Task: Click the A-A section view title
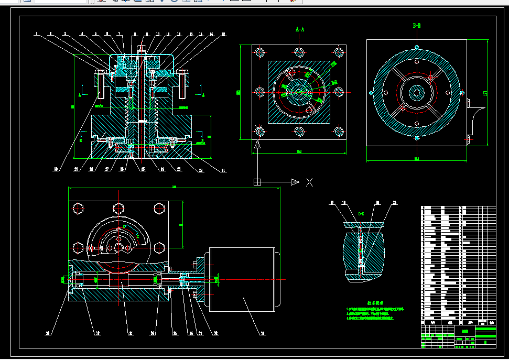tap(300, 30)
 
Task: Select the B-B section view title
tap(417, 26)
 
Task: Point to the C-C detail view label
tap(361, 214)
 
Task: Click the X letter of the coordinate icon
tap(309, 182)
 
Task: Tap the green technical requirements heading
tap(375, 303)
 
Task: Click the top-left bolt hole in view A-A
tap(259, 52)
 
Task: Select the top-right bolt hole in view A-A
tap(339, 52)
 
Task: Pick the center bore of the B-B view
tap(417, 93)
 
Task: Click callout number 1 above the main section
tap(36, 35)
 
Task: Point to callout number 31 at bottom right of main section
tap(222, 169)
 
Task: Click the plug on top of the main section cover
tap(140, 49)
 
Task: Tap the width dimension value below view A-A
tap(299, 152)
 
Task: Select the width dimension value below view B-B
tap(417, 159)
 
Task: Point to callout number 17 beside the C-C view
tap(331, 202)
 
